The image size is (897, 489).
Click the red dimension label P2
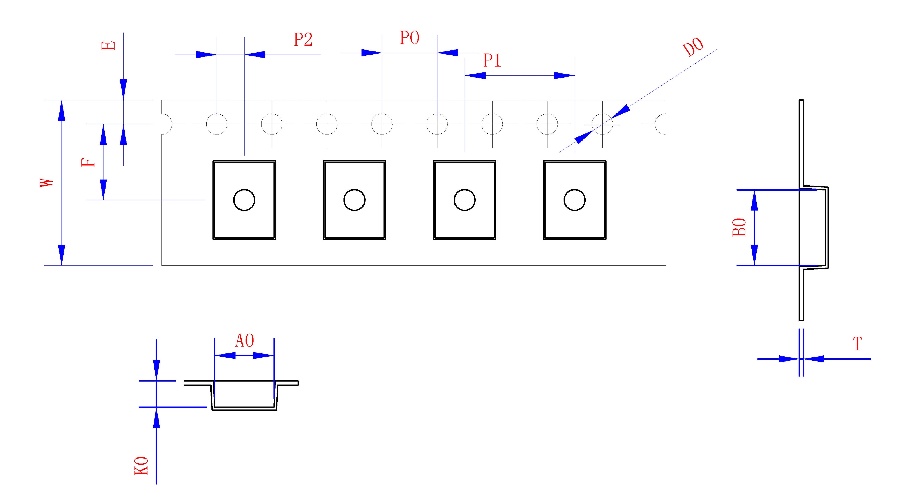[x=303, y=40]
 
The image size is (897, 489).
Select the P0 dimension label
[x=410, y=38]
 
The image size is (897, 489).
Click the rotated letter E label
[x=108, y=46]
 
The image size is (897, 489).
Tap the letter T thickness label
[x=857, y=344]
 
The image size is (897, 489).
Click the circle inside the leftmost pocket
[x=244, y=200]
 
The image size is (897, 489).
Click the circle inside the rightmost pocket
[x=574, y=200]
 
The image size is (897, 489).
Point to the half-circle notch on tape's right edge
[x=660, y=124]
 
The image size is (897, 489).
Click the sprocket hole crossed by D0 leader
[x=602, y=124]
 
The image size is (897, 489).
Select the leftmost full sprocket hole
[x=217, y=124]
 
